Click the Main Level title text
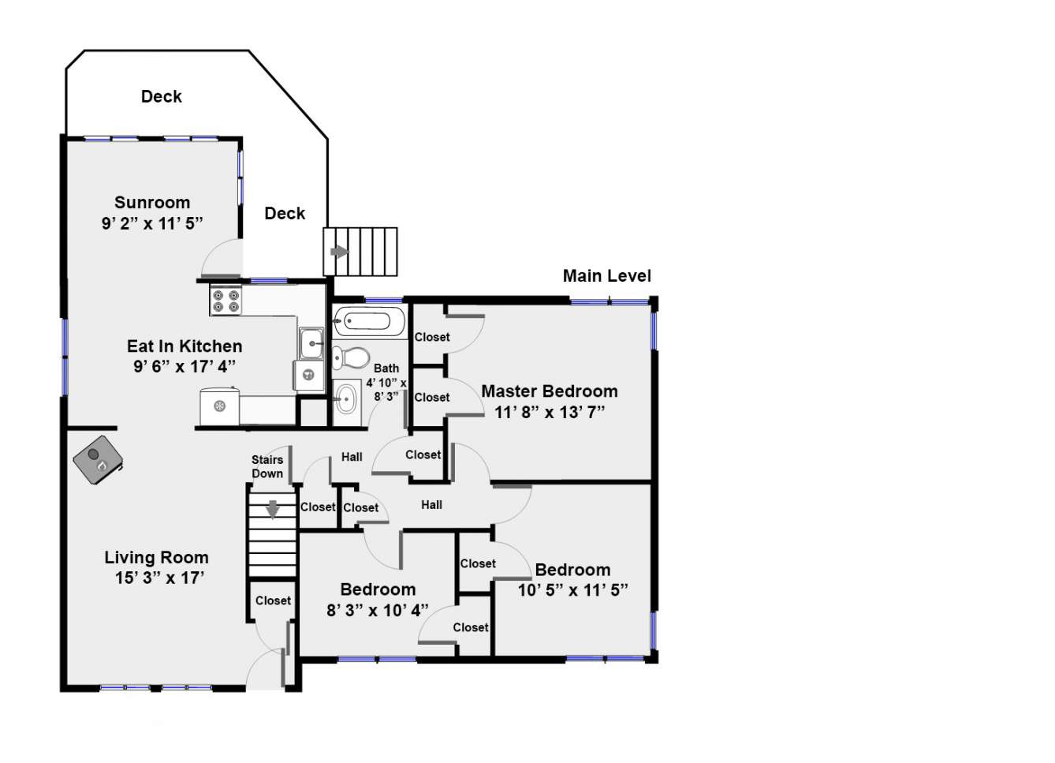click(x=606, y=275)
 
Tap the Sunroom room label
click(x=152, y=202)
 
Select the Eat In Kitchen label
click(x=185, y=346)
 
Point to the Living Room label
click(x=156, y=558)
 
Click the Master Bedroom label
click(x=550, y=391)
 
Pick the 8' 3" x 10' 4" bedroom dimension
click(x=377, y=610)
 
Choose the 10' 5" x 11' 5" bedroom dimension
click(x=572, y=590)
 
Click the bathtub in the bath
click(x=369, y=321)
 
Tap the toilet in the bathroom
click(x=351, y=357)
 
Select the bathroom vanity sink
click(x=347, y=399)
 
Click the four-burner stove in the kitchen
click(x=226, y=301)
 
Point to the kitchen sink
click(x=311, y=343)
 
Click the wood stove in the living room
click(x=98, y=460)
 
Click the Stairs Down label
click(x=267, y=466)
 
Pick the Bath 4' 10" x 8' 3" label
click(x=386, y=382)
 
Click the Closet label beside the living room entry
click(x=273, y=600)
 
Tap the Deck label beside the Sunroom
click(x=285, y=214)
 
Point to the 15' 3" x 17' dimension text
click(x=159, y=578)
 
